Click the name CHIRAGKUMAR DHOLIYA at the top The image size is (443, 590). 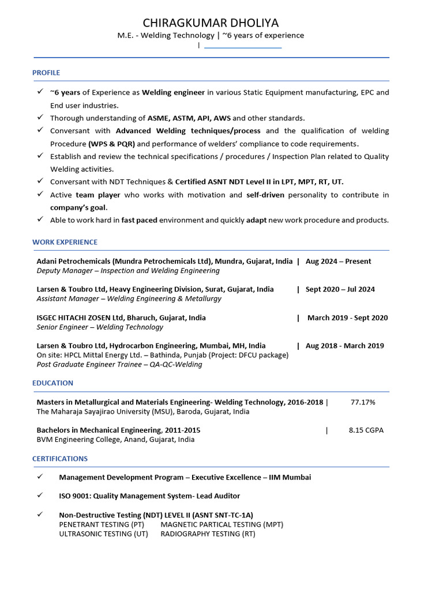(x=211, y=23)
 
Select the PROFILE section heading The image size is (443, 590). (x=46, y=73)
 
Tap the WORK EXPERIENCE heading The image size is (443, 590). (x=65, y=242)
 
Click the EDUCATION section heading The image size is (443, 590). (x=52, y=383)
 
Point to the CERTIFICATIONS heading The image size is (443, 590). (x=60, y=459)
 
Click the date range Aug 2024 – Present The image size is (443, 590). (x=338, y=261)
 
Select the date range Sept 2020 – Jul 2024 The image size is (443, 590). (x=340, y=289)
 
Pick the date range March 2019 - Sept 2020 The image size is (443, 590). (x=347, y=317)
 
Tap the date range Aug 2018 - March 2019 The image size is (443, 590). (x=344, y=346)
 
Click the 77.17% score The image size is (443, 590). (x=363, y=402)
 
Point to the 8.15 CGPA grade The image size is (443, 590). (x=366, y=430)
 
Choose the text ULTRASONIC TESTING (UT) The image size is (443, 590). (x=103, y=534)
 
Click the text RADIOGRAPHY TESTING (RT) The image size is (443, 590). (x=208, y=534)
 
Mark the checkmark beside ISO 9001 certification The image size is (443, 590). (x=40, y=496)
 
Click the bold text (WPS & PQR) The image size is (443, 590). (x=111, y=143)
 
